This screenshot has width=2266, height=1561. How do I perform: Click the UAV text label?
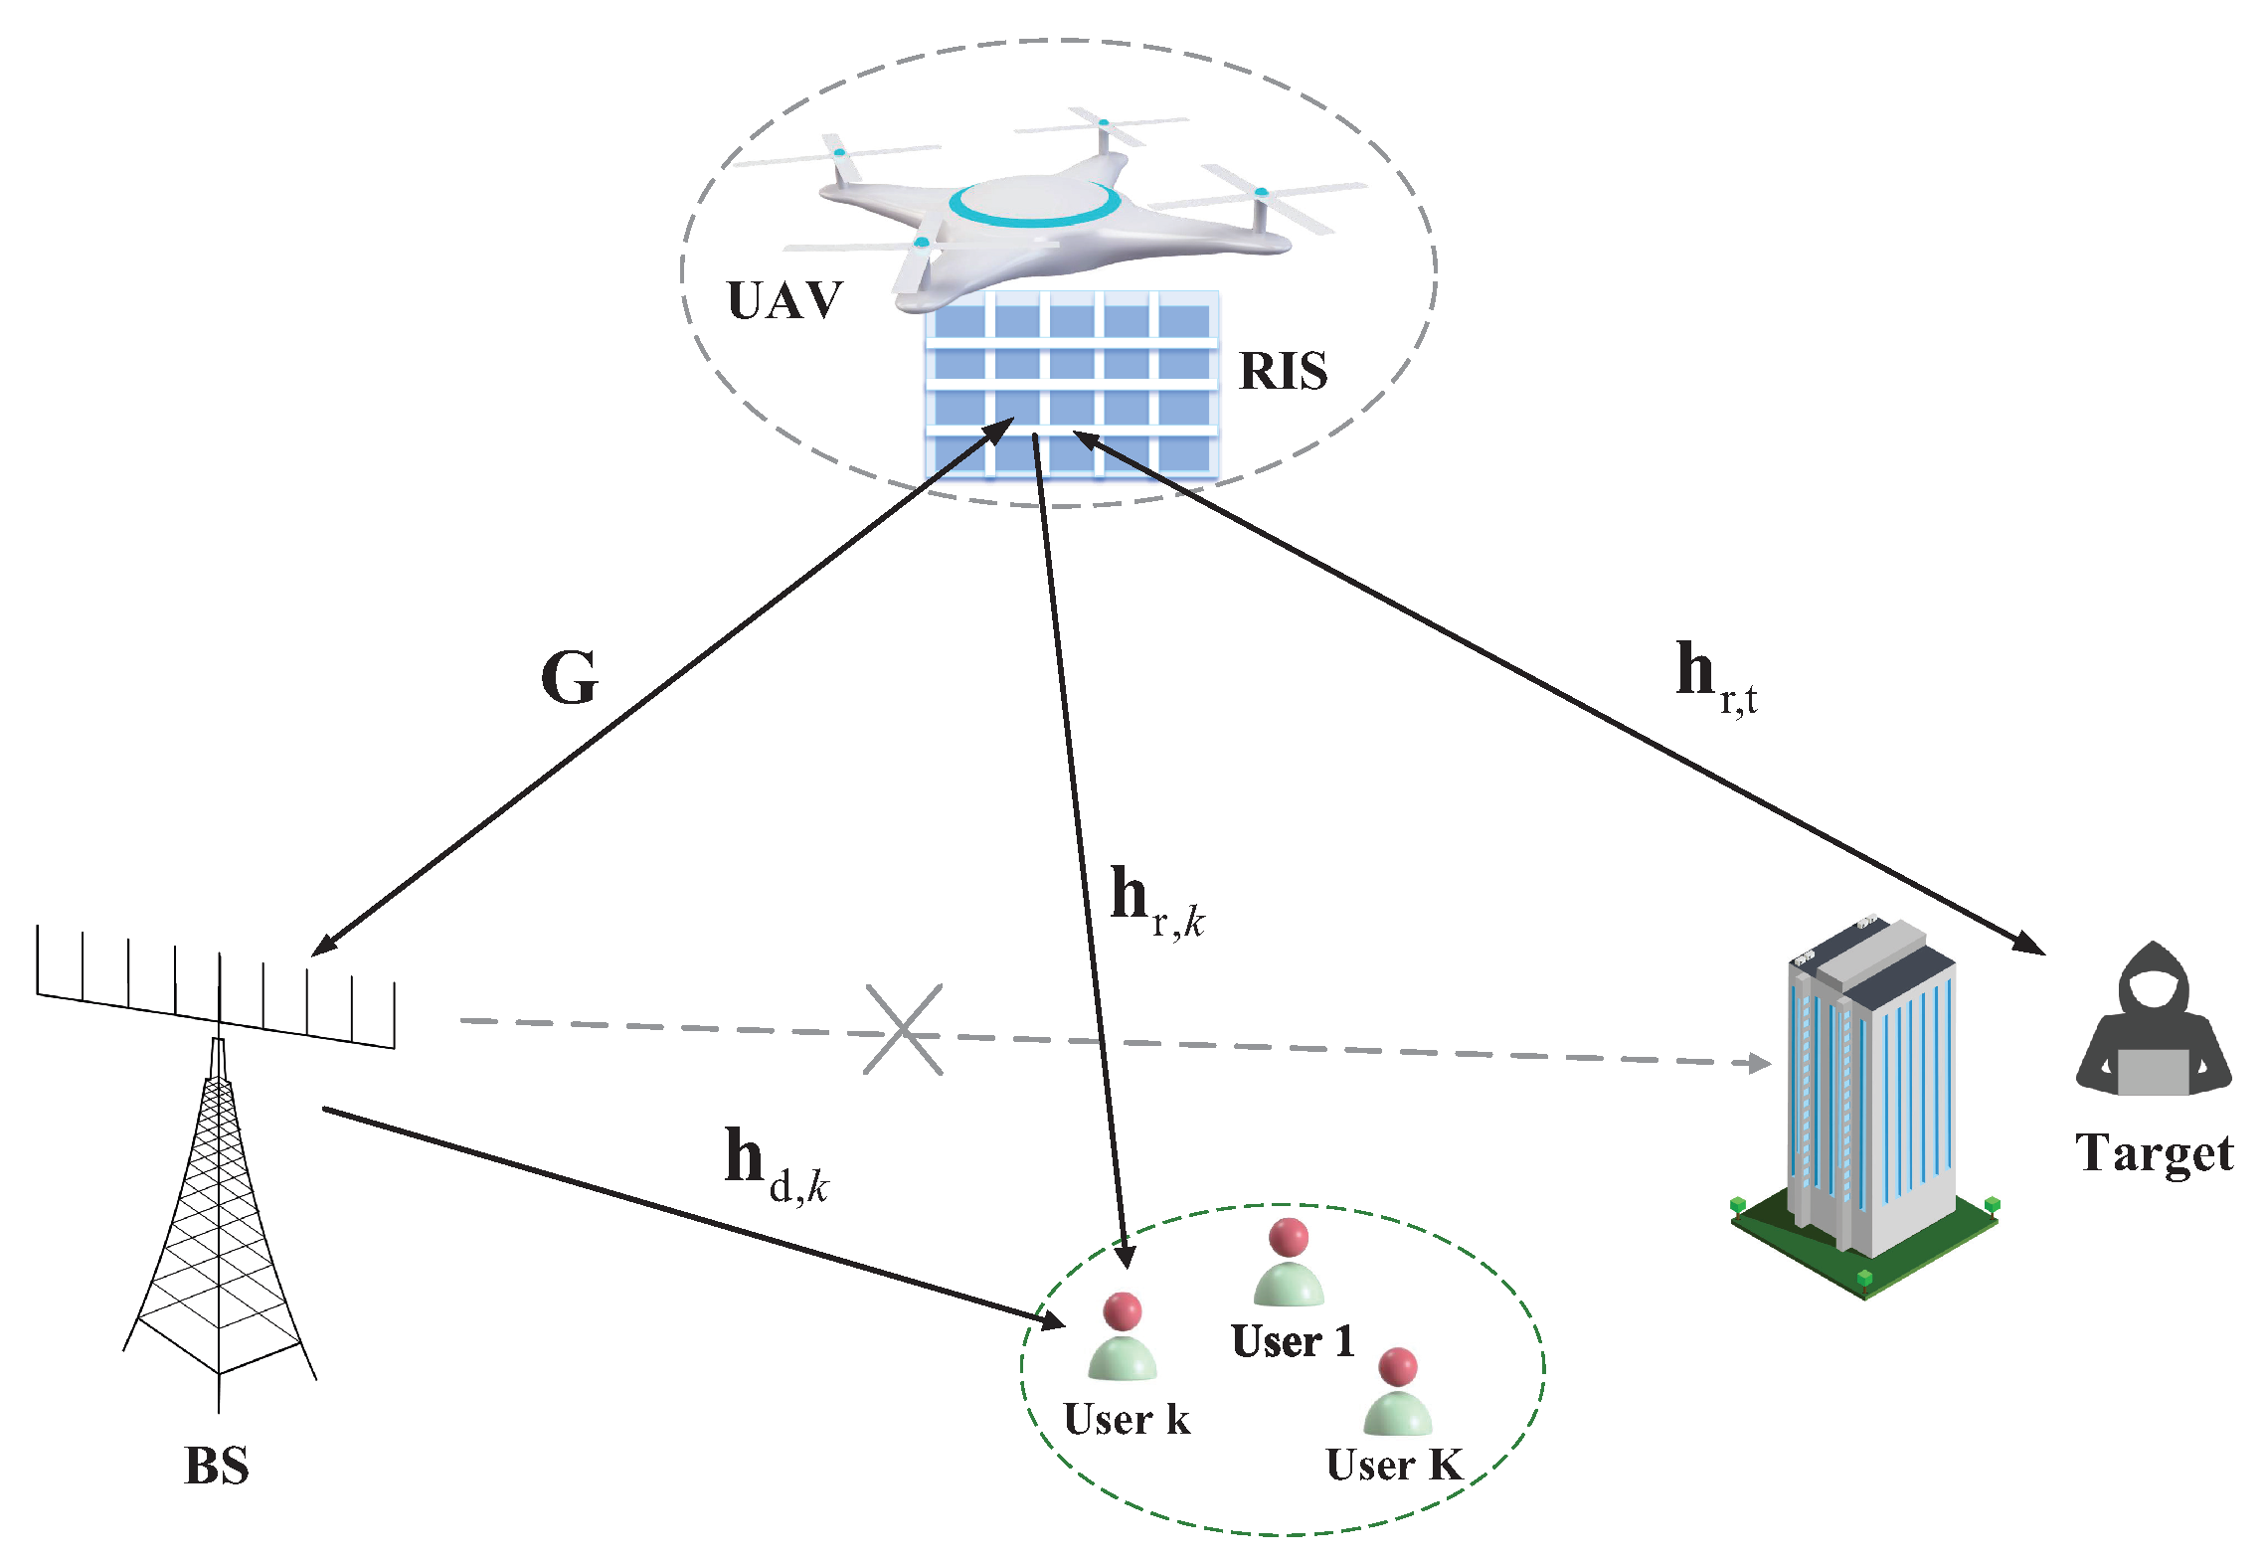pyautogui.click(x=784, y=300)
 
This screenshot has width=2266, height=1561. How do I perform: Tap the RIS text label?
pyautogui.click(x=1283, y=372)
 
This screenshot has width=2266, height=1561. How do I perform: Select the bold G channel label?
pyautogui.click(x=570, y=678)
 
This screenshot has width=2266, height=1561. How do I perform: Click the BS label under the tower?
pyautogui.click(x=217, y=1466)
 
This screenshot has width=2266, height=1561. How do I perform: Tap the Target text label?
pyautogui.click(x=2154, y=1154)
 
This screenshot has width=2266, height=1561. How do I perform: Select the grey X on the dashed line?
pyautogui.click(x=903, y=1030)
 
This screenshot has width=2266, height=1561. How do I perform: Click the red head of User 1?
pyautogui.click(x=1289, y=1237)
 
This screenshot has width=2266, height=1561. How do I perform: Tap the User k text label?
pyautogui.click(x=1127, y=1420)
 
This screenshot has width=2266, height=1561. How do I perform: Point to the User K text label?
pyautogui.click(x=1394, y=1466)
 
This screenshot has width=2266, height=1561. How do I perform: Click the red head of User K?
pyautogui.click(x=1398, y=1367)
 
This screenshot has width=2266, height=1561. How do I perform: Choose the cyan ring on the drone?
pyautogui.click(x=1034, y=205)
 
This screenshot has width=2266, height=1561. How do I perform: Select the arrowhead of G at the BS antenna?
pyautogui.click(x=324, y=945)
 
